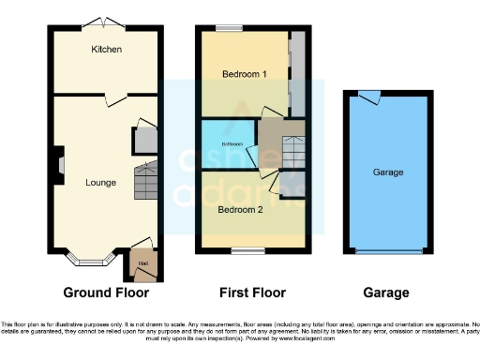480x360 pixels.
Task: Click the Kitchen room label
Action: coord(106,49)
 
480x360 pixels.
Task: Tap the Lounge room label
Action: coord(100,182)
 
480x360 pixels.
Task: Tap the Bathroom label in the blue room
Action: coord(232,144)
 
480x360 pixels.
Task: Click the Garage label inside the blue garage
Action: coord(388,172)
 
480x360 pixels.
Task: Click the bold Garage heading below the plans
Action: coord(388,292)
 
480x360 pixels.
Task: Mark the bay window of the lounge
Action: coord(97,254)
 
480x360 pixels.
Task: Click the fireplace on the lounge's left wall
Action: coord(57,165)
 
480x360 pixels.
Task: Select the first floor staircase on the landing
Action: coord(294,150)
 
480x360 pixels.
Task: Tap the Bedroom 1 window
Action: coord(230,29)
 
